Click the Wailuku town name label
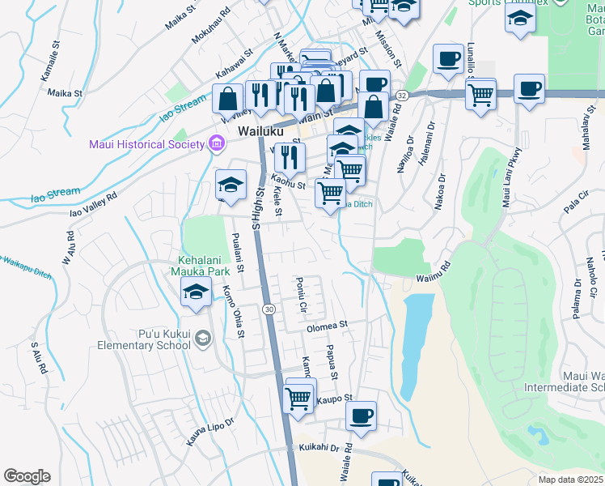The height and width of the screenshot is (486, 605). (x=258, y=130)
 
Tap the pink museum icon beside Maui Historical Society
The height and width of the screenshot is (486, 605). (x=216, y=145)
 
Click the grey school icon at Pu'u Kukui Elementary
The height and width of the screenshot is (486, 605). (x=202, y=338)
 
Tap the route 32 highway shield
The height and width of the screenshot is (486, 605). (x=402, y=95)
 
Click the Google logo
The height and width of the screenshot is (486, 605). (x=27, y=476)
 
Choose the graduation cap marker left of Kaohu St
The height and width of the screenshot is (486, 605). (x=231, y=185)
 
